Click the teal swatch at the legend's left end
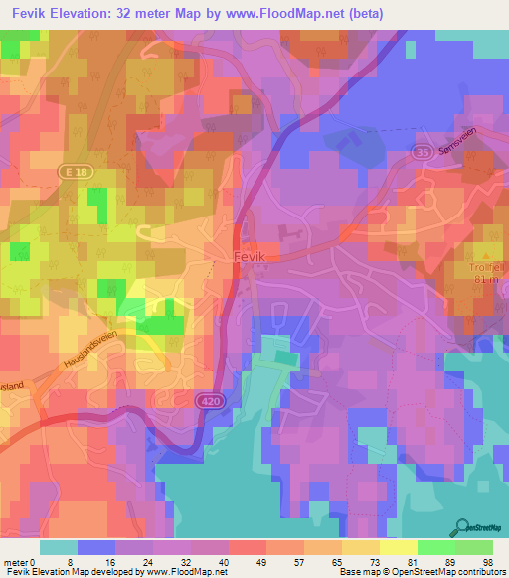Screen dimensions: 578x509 pyautogui.click(x=59, y=547)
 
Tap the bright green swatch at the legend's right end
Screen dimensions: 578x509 pyautogui.click(x=473, y=547)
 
